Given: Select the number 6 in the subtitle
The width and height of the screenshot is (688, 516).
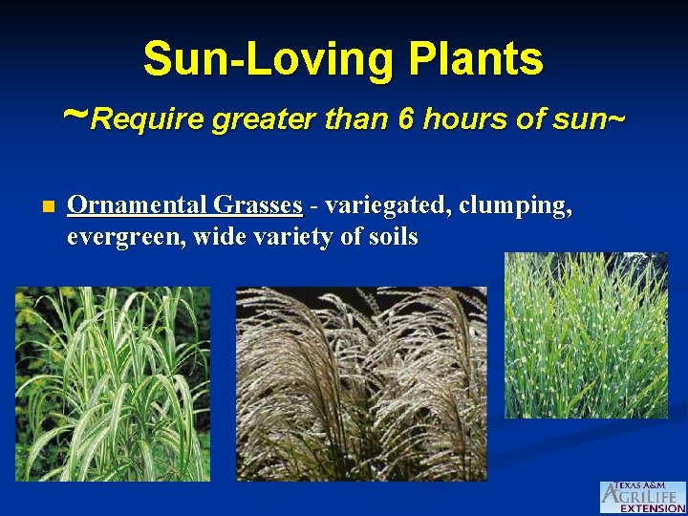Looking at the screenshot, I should pyautogui.click(x=407, y=119).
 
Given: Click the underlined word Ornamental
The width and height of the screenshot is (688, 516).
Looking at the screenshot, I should pyautogui.click(x=137, y=204).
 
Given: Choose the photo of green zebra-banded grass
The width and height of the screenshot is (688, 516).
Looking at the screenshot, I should pyautogui.click(x=586, y=334).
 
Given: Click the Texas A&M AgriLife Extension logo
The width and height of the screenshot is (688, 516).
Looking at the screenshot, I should pyautogui.click(x=642, y=497).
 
